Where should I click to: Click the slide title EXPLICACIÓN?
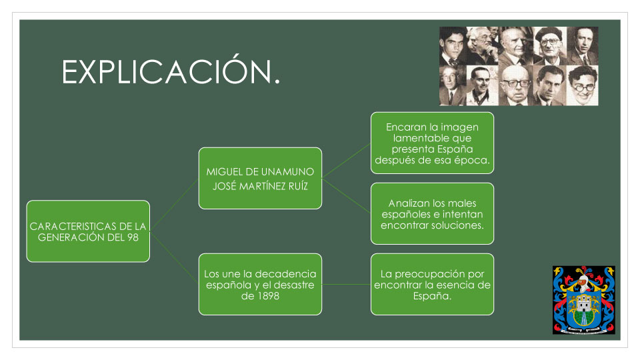(x=171, y=72)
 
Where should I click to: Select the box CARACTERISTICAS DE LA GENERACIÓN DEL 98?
(x=88, y=231)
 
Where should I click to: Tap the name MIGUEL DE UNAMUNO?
(x=260, y=171)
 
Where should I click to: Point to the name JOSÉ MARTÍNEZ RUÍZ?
(x=260, y=186)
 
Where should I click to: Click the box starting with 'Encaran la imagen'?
(x=432, y=143)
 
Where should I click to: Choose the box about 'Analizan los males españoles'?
(x=432, y=213)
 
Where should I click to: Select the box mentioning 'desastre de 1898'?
(x=260, y=284)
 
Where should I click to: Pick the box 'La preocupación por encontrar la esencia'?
(x=432, y=284)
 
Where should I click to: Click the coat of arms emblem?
(x=584, y=300)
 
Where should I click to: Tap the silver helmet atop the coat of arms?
(x=583, y=283)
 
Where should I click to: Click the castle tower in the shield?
(x=584, y=303)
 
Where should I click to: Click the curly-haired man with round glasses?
(x=583, y=86)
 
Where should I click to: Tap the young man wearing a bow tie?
(x=452, y=46)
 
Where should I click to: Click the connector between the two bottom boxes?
(x=346, y=285)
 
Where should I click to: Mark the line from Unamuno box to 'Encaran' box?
(x=346, y=161)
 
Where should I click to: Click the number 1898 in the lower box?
(x=268, y=295)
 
